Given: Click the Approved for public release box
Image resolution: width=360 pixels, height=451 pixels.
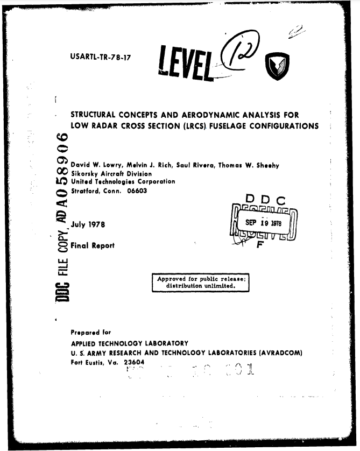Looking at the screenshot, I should click(200, 282).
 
